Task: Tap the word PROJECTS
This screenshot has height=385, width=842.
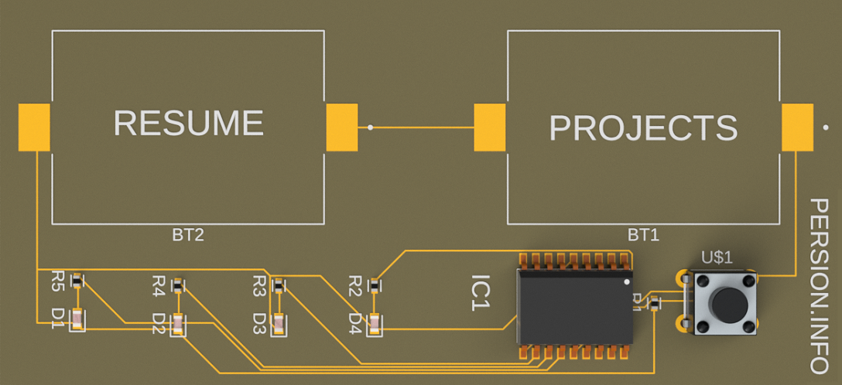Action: coord(643,128)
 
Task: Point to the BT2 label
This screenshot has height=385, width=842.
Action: coord(187,235)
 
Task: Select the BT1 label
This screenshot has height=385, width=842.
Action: coord(643,235)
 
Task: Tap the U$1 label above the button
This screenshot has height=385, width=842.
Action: coord(716,257)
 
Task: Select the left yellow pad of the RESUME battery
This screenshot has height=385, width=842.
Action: coord(34,128)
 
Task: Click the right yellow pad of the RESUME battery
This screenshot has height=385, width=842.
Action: coord(341,128)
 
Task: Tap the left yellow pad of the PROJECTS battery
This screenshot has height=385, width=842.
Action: coord(489,128)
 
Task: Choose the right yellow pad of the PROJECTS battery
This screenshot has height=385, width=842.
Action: coord(797,128)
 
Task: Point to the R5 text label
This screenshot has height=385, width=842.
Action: coord(57,281)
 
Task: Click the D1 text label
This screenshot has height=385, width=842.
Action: coord(57,319)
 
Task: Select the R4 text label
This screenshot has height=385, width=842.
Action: coord(159,287)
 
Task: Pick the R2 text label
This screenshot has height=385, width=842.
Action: coord(356,285)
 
